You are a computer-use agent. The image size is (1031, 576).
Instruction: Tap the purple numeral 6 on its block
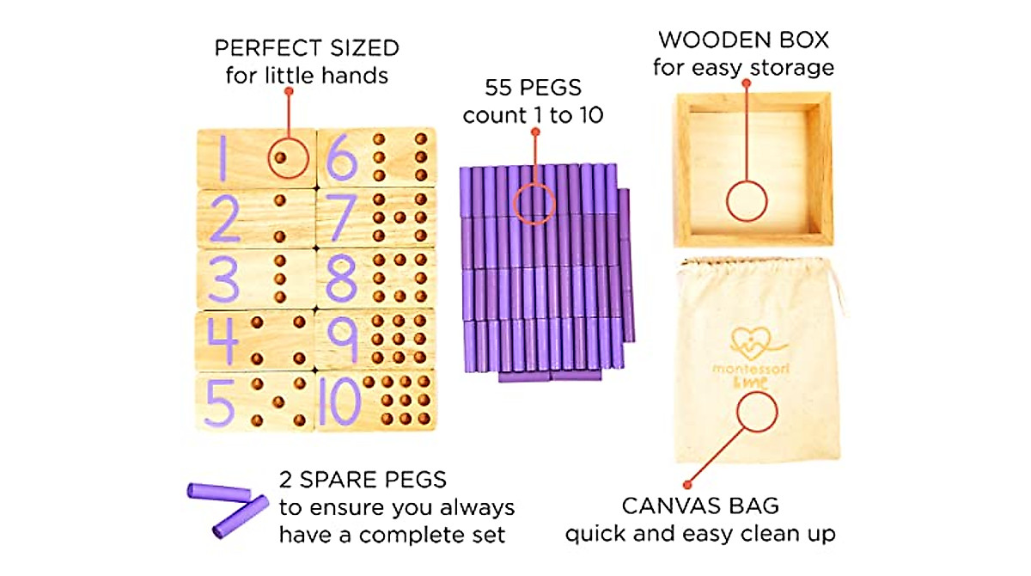(341, 157)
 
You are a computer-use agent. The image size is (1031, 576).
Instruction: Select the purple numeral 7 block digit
(339, 218)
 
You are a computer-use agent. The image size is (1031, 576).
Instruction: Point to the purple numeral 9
(342, 339)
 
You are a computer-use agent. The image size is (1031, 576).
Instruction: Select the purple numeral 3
(222, 279)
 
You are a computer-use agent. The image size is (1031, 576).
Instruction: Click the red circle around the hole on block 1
(288, 157)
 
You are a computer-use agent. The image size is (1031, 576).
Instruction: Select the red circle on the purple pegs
(535, 204)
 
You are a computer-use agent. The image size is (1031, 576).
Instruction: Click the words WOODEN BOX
(743, 40)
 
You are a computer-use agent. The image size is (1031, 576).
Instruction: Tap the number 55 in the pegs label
(500, 88)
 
